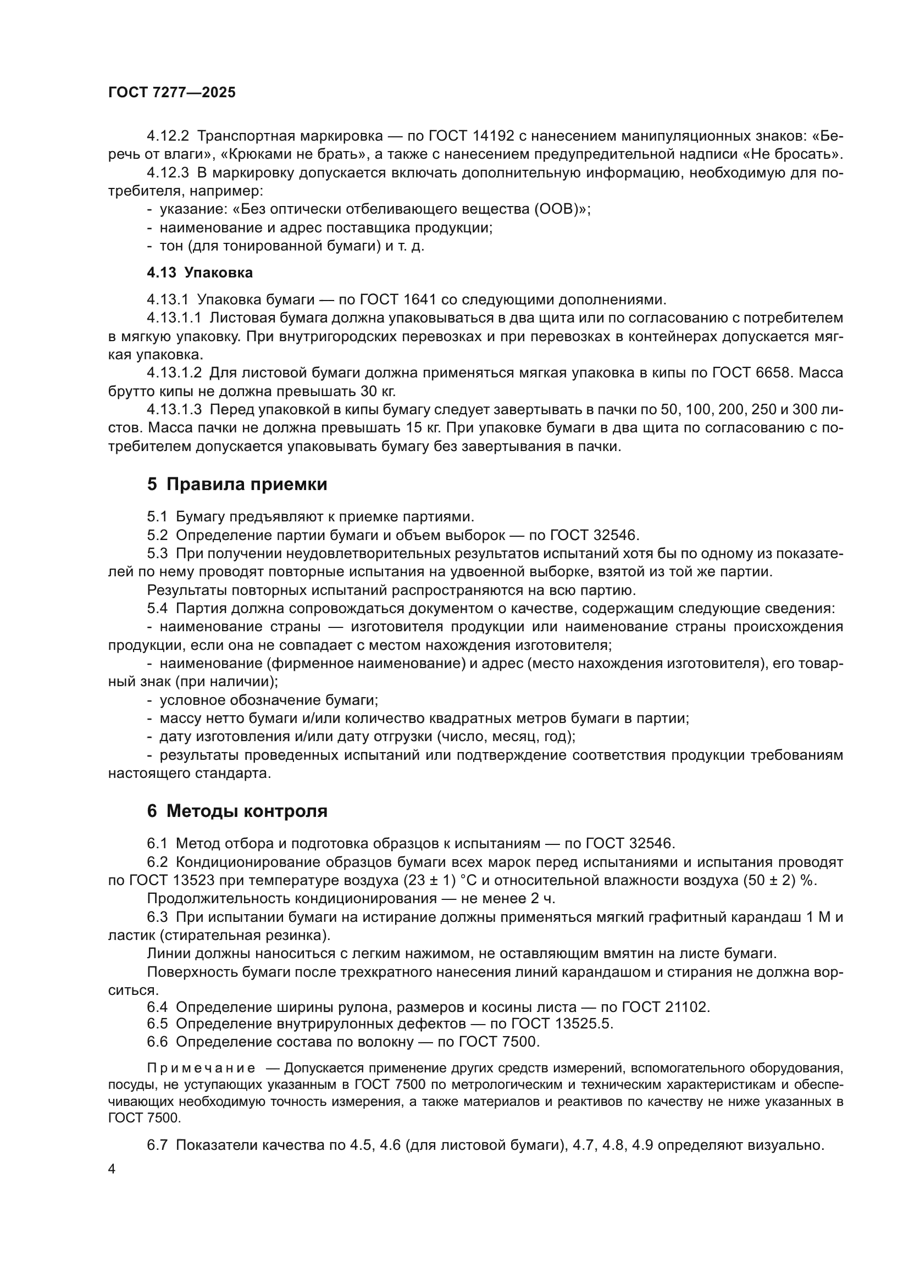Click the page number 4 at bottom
pyautogui.click(x=112, y=1169)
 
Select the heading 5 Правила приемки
pyautogui.click(x=237, y=484)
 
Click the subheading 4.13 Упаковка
pyautogui.click(x=200, y=272)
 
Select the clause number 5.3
pyautogui.click(x=157, y=554)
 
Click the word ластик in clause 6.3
pyautogui.click(x=125, y=935)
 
